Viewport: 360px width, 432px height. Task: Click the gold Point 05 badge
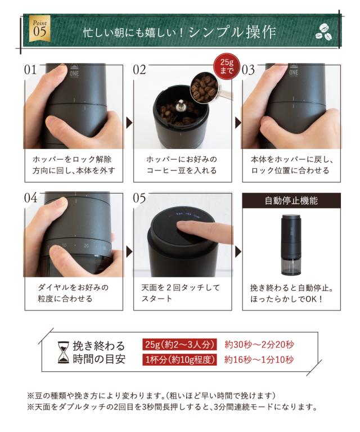[40, 29]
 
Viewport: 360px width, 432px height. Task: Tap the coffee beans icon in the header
[323, 32]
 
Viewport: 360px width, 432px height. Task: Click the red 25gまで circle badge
[227, 66]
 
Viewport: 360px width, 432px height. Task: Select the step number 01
[30, 70]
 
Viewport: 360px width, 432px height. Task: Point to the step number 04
[30, 198]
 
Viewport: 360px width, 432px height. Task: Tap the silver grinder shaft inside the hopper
[181, 106]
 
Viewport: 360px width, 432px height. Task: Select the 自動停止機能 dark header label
[291, 201]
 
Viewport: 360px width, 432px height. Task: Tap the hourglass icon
[64, 352]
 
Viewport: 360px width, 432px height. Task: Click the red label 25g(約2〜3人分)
[179, 344]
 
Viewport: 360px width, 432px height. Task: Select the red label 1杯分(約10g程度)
[179, 359]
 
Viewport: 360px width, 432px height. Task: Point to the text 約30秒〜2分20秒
[259, 344]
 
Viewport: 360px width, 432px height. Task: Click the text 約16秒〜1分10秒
[259, 359]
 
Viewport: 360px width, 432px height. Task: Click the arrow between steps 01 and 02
[129, 123]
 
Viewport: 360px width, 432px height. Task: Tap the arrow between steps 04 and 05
[129, 251]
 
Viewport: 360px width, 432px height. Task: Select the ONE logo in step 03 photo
[293, 71]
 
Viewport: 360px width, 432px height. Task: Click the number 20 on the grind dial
[86, 245]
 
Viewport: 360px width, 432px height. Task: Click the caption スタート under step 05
[156, 298]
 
